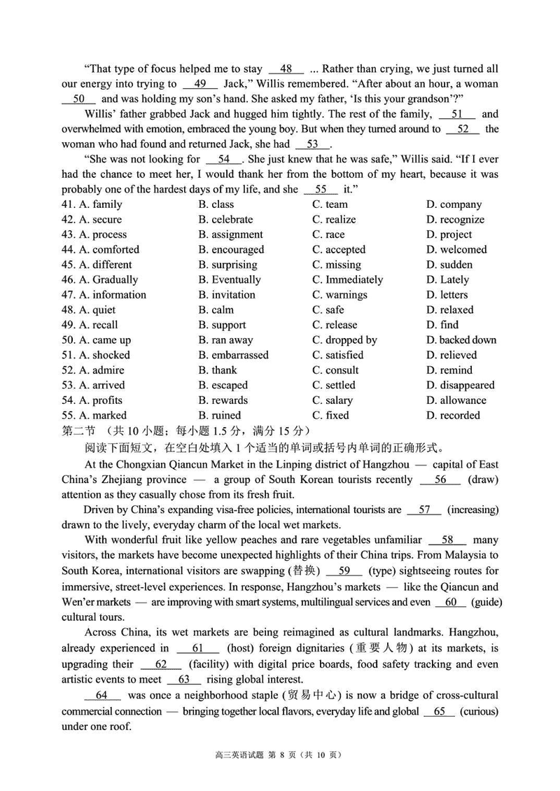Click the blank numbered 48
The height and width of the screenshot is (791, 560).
point(286,69)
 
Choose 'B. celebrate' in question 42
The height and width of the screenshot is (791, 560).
point(225,220)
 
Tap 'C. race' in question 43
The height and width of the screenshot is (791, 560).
point(328,234)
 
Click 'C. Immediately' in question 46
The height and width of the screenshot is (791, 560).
point(348,280)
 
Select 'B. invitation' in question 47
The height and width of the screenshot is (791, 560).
point(227,295)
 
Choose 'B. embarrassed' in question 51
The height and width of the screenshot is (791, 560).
point(233,355)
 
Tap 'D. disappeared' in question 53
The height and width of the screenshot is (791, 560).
point(460,385)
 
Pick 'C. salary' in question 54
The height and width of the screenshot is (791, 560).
point(332,400)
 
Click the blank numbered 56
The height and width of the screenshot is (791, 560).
point(440,479)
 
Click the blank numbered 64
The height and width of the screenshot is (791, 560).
point(102,695)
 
